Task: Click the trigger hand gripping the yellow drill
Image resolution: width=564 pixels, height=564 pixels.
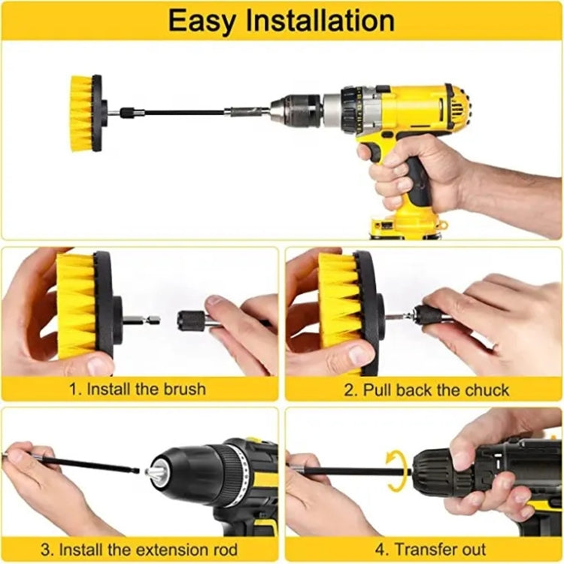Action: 406,169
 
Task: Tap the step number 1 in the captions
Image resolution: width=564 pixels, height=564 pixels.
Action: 73,390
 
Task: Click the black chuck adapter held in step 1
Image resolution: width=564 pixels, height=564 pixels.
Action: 192,320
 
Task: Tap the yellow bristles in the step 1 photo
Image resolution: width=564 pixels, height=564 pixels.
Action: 76,305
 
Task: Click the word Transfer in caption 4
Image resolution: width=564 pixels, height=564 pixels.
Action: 424,549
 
